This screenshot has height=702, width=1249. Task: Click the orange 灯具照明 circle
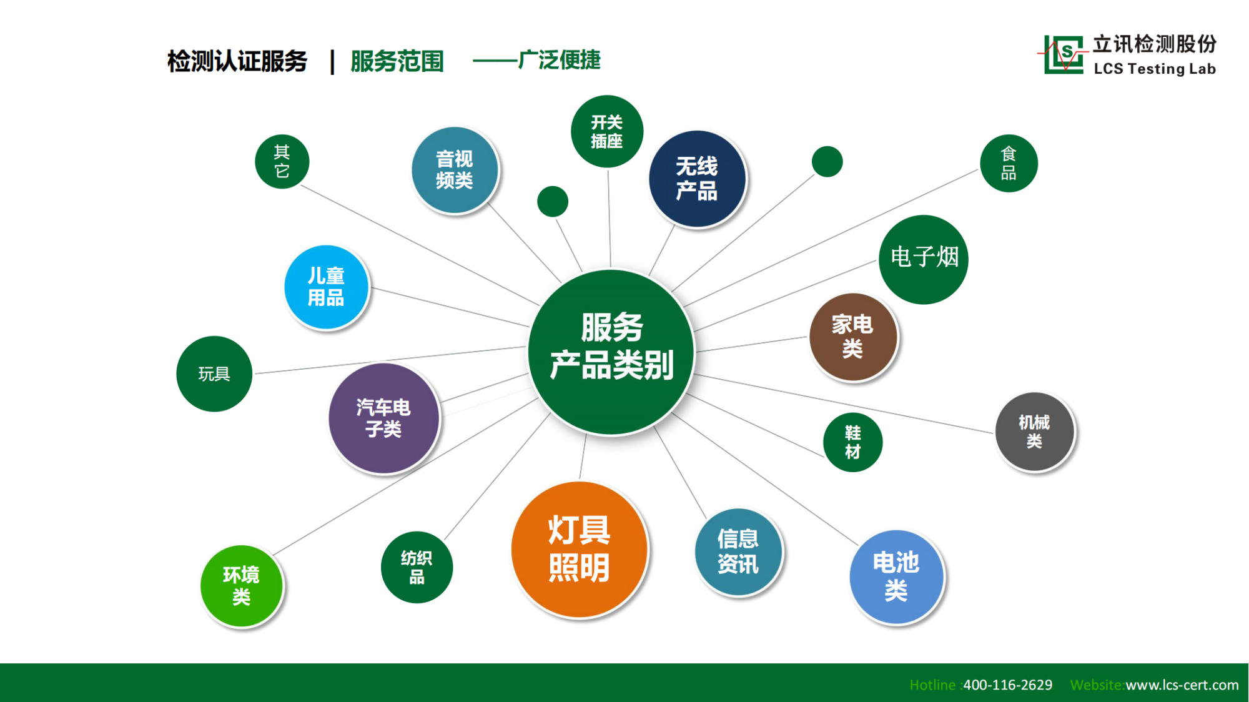click(x=580, y=550)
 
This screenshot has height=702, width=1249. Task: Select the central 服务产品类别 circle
click(x=611, y=352)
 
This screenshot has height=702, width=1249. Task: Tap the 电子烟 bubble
click(x=924, y=259)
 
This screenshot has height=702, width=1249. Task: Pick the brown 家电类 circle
click(x=853, y=337)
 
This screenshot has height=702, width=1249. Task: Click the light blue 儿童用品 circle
click(x=326, y=287)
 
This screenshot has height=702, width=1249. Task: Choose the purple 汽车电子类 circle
click(x=383, y=418)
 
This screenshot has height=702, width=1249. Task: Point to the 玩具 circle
click(x=214, y=373)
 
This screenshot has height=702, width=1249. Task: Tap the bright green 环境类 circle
click(x=242, y=586)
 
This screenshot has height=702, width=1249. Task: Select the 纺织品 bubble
click(x=417, y=567)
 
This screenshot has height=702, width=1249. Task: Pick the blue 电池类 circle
click(x=896, y=576)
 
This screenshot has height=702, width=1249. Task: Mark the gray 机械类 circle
click(x=1034, y=432)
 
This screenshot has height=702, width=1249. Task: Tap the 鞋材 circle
click(x=853, y=442)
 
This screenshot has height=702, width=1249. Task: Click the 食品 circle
click(x=1009, y=163)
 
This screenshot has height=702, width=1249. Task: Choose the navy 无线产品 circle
click(x=697, y=179)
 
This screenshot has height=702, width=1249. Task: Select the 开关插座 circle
click(x=607, y=131)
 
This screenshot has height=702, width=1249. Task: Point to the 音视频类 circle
click(x=455, y=170)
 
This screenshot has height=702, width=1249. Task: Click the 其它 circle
click(x=282, y=161)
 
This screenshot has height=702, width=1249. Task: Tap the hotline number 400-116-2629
click(x=1007, y=685)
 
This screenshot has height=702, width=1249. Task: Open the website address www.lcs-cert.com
click(x=1182, y=685)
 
